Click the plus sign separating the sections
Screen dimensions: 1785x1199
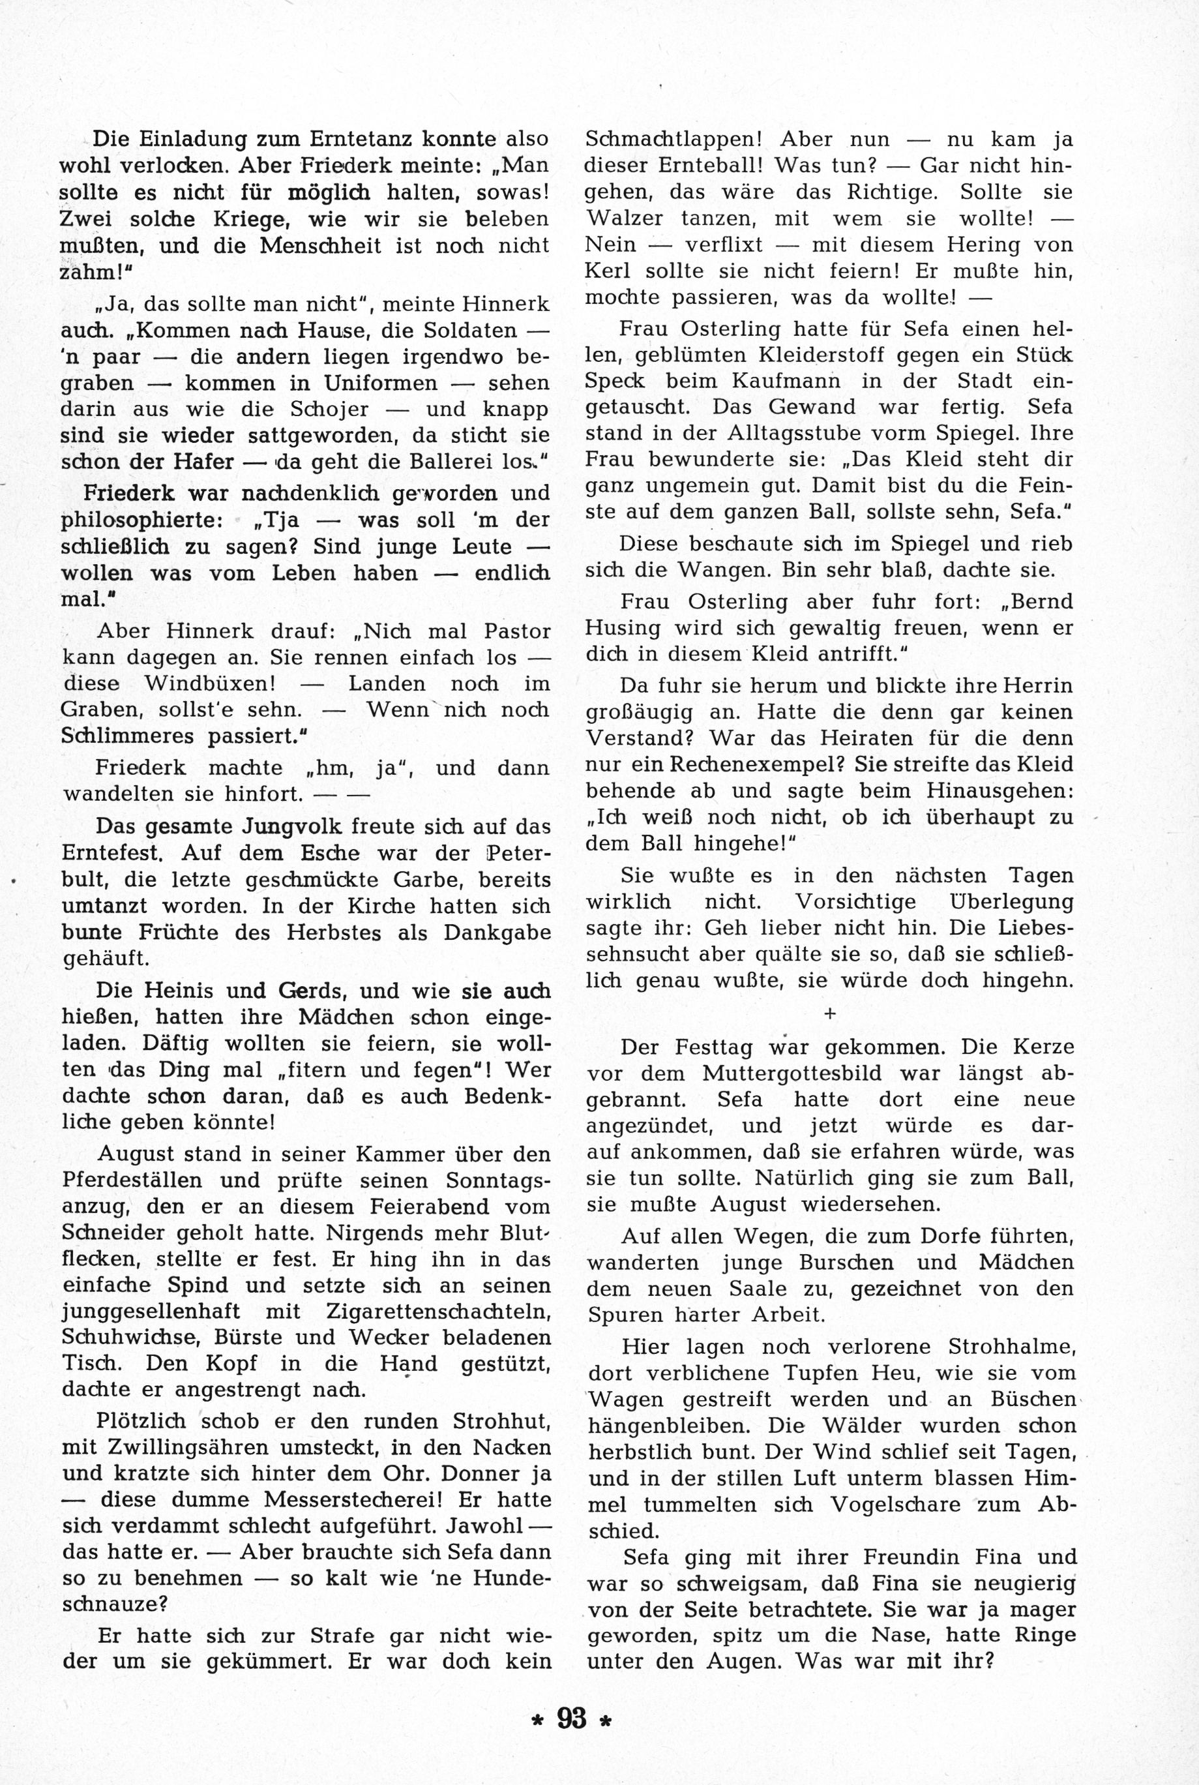(830, 1013)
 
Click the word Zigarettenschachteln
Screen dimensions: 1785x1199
(438, 1311)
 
